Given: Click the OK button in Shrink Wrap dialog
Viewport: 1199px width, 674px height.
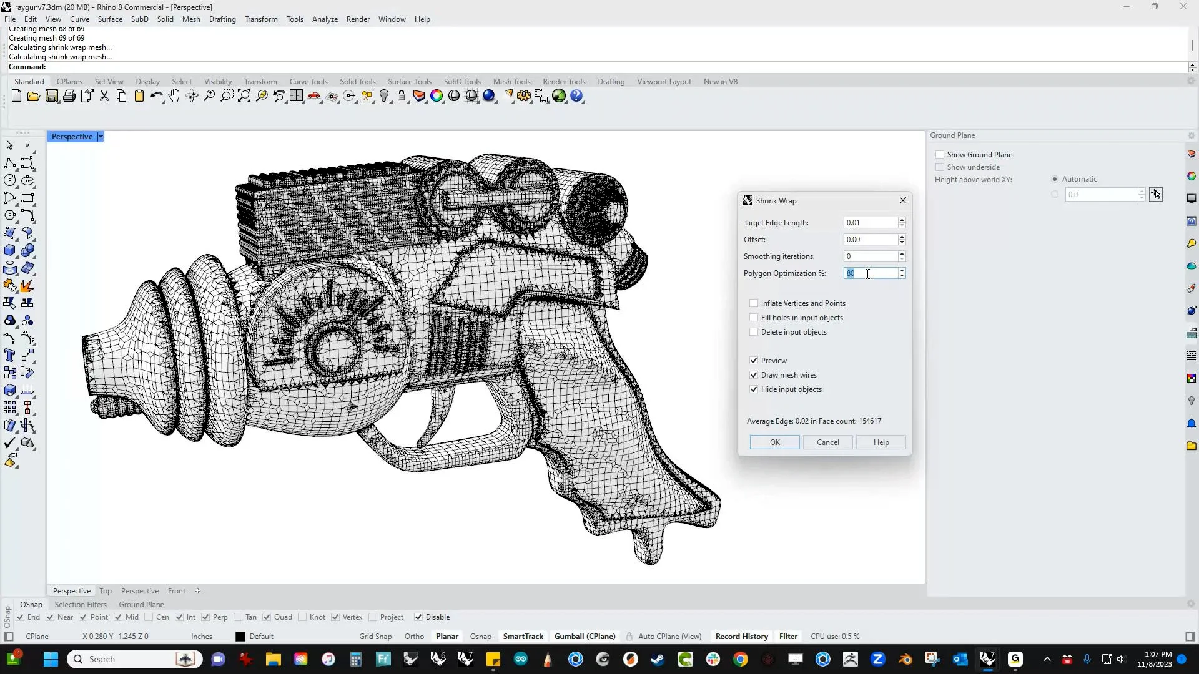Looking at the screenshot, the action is [774, 442].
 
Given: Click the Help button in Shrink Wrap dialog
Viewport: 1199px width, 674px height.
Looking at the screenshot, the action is [881, 442].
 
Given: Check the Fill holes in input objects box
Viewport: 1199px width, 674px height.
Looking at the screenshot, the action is [754, 318].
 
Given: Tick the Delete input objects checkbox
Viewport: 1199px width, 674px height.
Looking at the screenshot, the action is [754, 332].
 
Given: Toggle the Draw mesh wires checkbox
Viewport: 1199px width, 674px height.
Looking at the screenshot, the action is [754, 375].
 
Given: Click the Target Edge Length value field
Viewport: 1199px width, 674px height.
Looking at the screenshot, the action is [871, 223].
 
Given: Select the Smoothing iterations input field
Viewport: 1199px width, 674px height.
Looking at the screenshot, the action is [871, 256].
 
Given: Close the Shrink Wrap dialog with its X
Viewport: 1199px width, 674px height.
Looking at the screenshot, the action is [903, 200].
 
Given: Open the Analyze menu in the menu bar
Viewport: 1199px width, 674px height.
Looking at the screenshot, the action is [325, 19].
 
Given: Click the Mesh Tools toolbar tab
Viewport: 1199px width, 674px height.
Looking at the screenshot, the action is [511, 82].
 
